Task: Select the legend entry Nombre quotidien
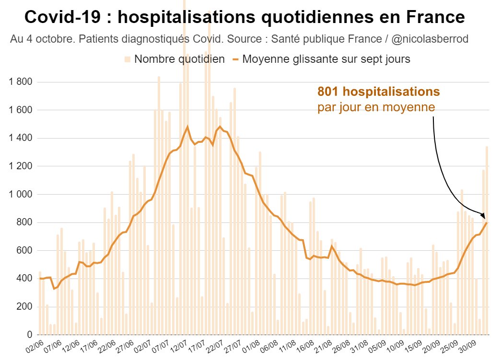tap(179, 59)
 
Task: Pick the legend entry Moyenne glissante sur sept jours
tap(326, 59)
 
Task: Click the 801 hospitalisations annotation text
tap(378, 91)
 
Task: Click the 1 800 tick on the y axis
tap(20, 82)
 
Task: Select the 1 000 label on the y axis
tap(20, 194)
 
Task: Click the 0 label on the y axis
tap(29, 335)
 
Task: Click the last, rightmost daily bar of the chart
tap(487, 240)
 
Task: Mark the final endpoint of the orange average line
tap(487, 222)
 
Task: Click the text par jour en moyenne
tap(376, 107)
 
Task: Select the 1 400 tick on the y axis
tap(20, 138)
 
